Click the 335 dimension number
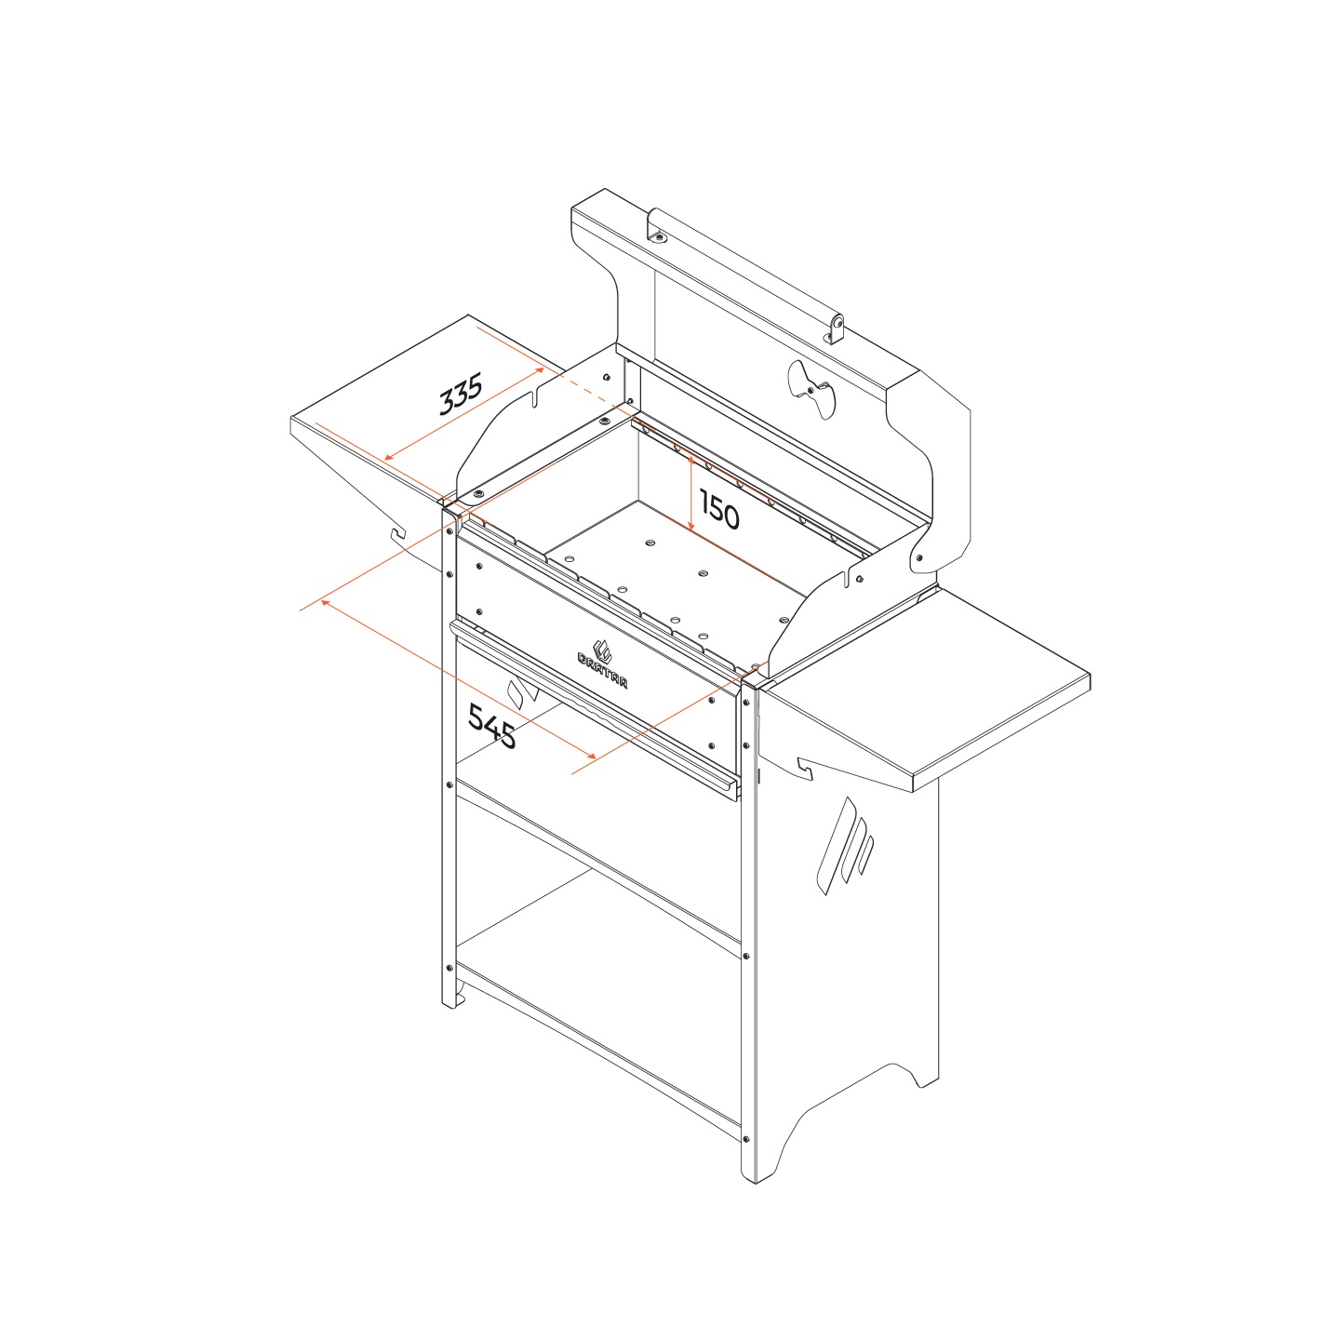point(461,394)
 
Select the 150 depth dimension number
point(718,509)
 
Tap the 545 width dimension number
point(492,726)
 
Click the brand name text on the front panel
point(602,670)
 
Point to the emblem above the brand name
point(601,650)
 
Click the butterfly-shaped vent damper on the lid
point(811,389)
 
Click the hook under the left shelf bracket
point(397,532)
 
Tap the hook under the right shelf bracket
point(805,768)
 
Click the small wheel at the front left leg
point(460,1000)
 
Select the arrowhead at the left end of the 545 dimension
point(324,602)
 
